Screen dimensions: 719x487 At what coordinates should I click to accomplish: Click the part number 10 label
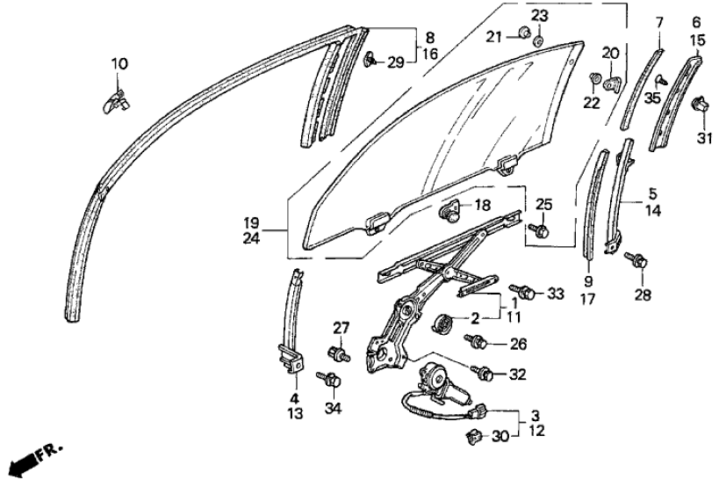(119, 64)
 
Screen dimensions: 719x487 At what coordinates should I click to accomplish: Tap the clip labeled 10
(115, 102)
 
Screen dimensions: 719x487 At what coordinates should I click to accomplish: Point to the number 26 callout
(518, 344)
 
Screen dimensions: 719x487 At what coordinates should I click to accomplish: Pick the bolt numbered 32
(482, 373)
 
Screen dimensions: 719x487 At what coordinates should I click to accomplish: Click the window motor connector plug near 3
(478, 410)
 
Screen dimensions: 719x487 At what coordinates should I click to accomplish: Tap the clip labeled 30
(473, 437)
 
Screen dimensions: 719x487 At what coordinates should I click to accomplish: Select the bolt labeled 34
(329, 379)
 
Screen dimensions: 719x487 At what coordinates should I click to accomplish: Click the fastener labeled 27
(339, 353)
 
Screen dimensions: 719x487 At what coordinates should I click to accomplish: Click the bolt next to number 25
(538, 229)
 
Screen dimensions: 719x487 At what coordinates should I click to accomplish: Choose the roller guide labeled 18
(449, 211)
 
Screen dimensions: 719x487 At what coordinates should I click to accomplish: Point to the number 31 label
(704, 138)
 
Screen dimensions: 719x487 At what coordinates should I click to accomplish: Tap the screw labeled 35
(661, 81)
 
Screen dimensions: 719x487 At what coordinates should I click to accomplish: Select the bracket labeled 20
(612, 84)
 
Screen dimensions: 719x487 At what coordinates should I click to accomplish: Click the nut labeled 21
(524, 33)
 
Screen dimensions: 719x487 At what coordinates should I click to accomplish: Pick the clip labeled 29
(370, 60)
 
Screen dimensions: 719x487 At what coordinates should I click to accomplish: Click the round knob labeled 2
(442, 323)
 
